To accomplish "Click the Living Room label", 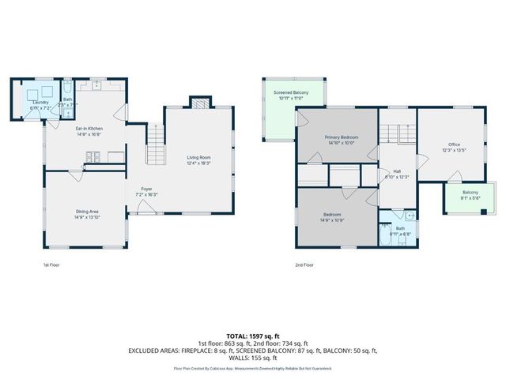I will pyautogui.click(x=198, y=159).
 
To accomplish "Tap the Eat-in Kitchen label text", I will pyautogui.click(x=89, y=131).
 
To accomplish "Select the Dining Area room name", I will pyautogui.click(x=87, y=213).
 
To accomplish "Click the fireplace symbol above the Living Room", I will pyautogui.click(x=198, y=102).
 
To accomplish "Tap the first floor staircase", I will pyautogui.click(x=154, y=145).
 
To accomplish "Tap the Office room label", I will pyautogui.click(x=453, y=147).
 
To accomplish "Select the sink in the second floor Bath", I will pyautogui.click(x=410, y=216).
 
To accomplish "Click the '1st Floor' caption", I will pyautogui.click(x=51, y=265).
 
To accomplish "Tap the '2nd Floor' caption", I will pyautogui.click(x=304, y=265).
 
